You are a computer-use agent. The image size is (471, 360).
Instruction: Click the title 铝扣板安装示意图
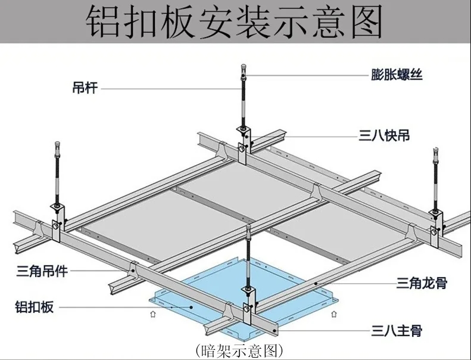click(x=235, y=23)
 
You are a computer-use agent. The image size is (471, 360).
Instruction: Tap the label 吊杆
click(x=84, y=89)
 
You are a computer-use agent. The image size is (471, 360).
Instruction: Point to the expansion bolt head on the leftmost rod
click(x=57, y=145)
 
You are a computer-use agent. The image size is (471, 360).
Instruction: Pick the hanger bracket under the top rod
click(x=244, y=143)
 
